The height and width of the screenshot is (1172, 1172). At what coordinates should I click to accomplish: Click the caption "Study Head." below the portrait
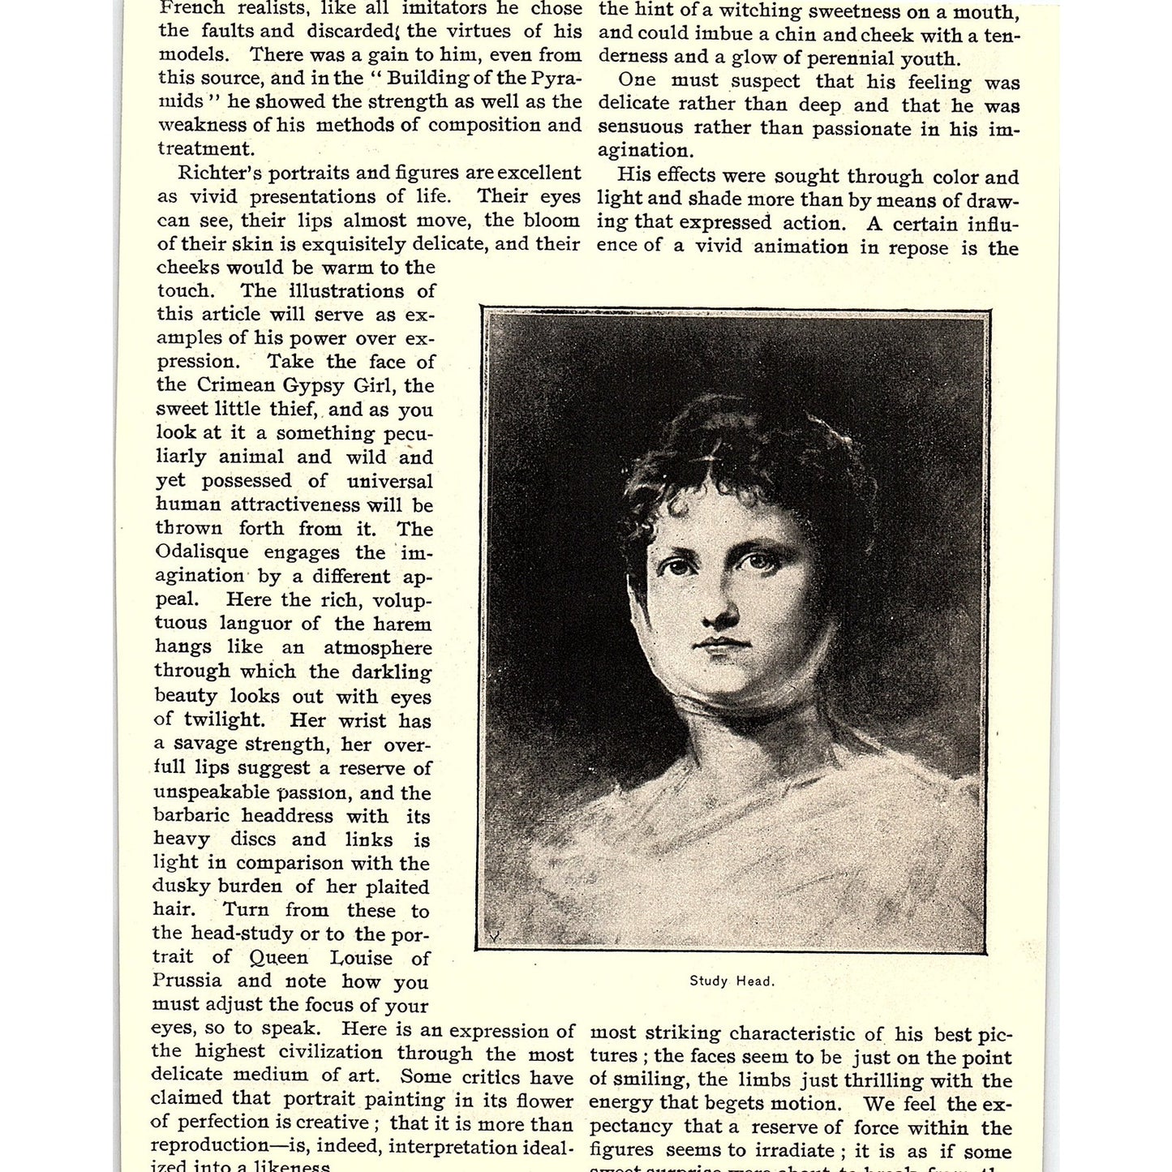tap(732, 981)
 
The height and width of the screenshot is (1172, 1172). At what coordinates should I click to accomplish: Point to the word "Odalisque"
tap(202, 552)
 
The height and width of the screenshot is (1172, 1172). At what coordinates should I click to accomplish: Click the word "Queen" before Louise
tap(279, 958)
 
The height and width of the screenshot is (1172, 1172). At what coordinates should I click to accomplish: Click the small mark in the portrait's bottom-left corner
tap(492, 935)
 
